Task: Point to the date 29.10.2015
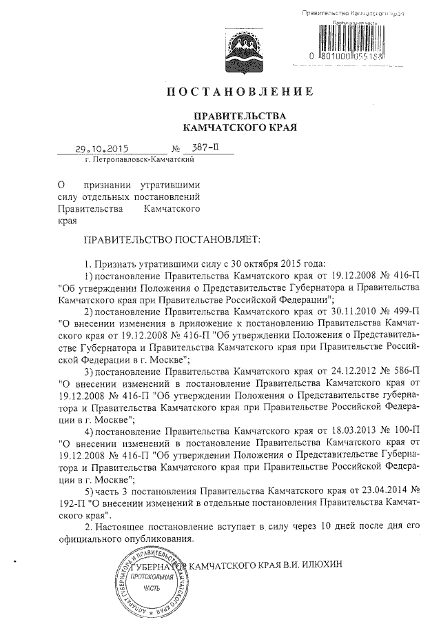pyautogui.click(x=102, y=148)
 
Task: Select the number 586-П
pyautogui.click(x=403, y=370)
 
